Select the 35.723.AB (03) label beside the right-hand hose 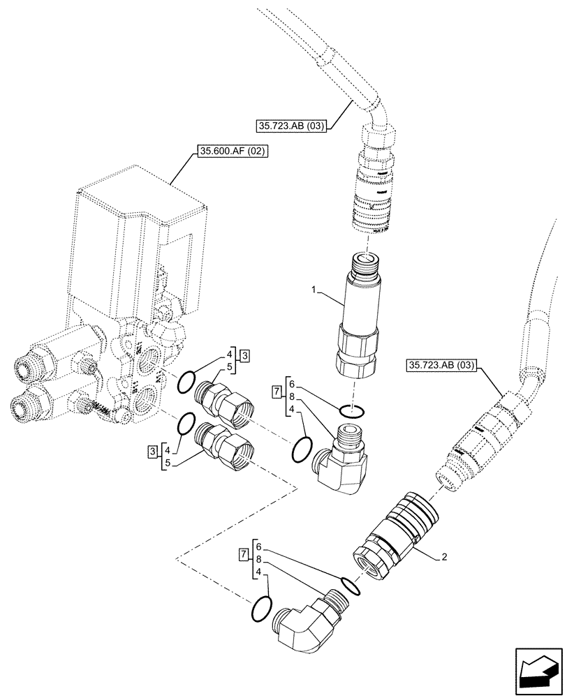click(439, 366)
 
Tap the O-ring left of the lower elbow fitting click(259, 607)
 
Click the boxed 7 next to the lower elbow click(244, 555)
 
